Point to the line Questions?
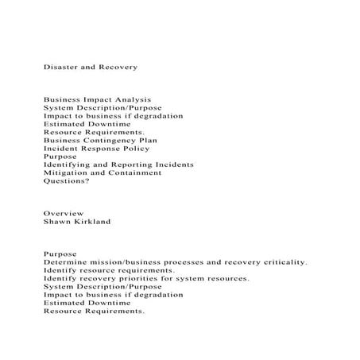click(x=67, y=180)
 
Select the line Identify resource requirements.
click(x=109, y=270)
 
